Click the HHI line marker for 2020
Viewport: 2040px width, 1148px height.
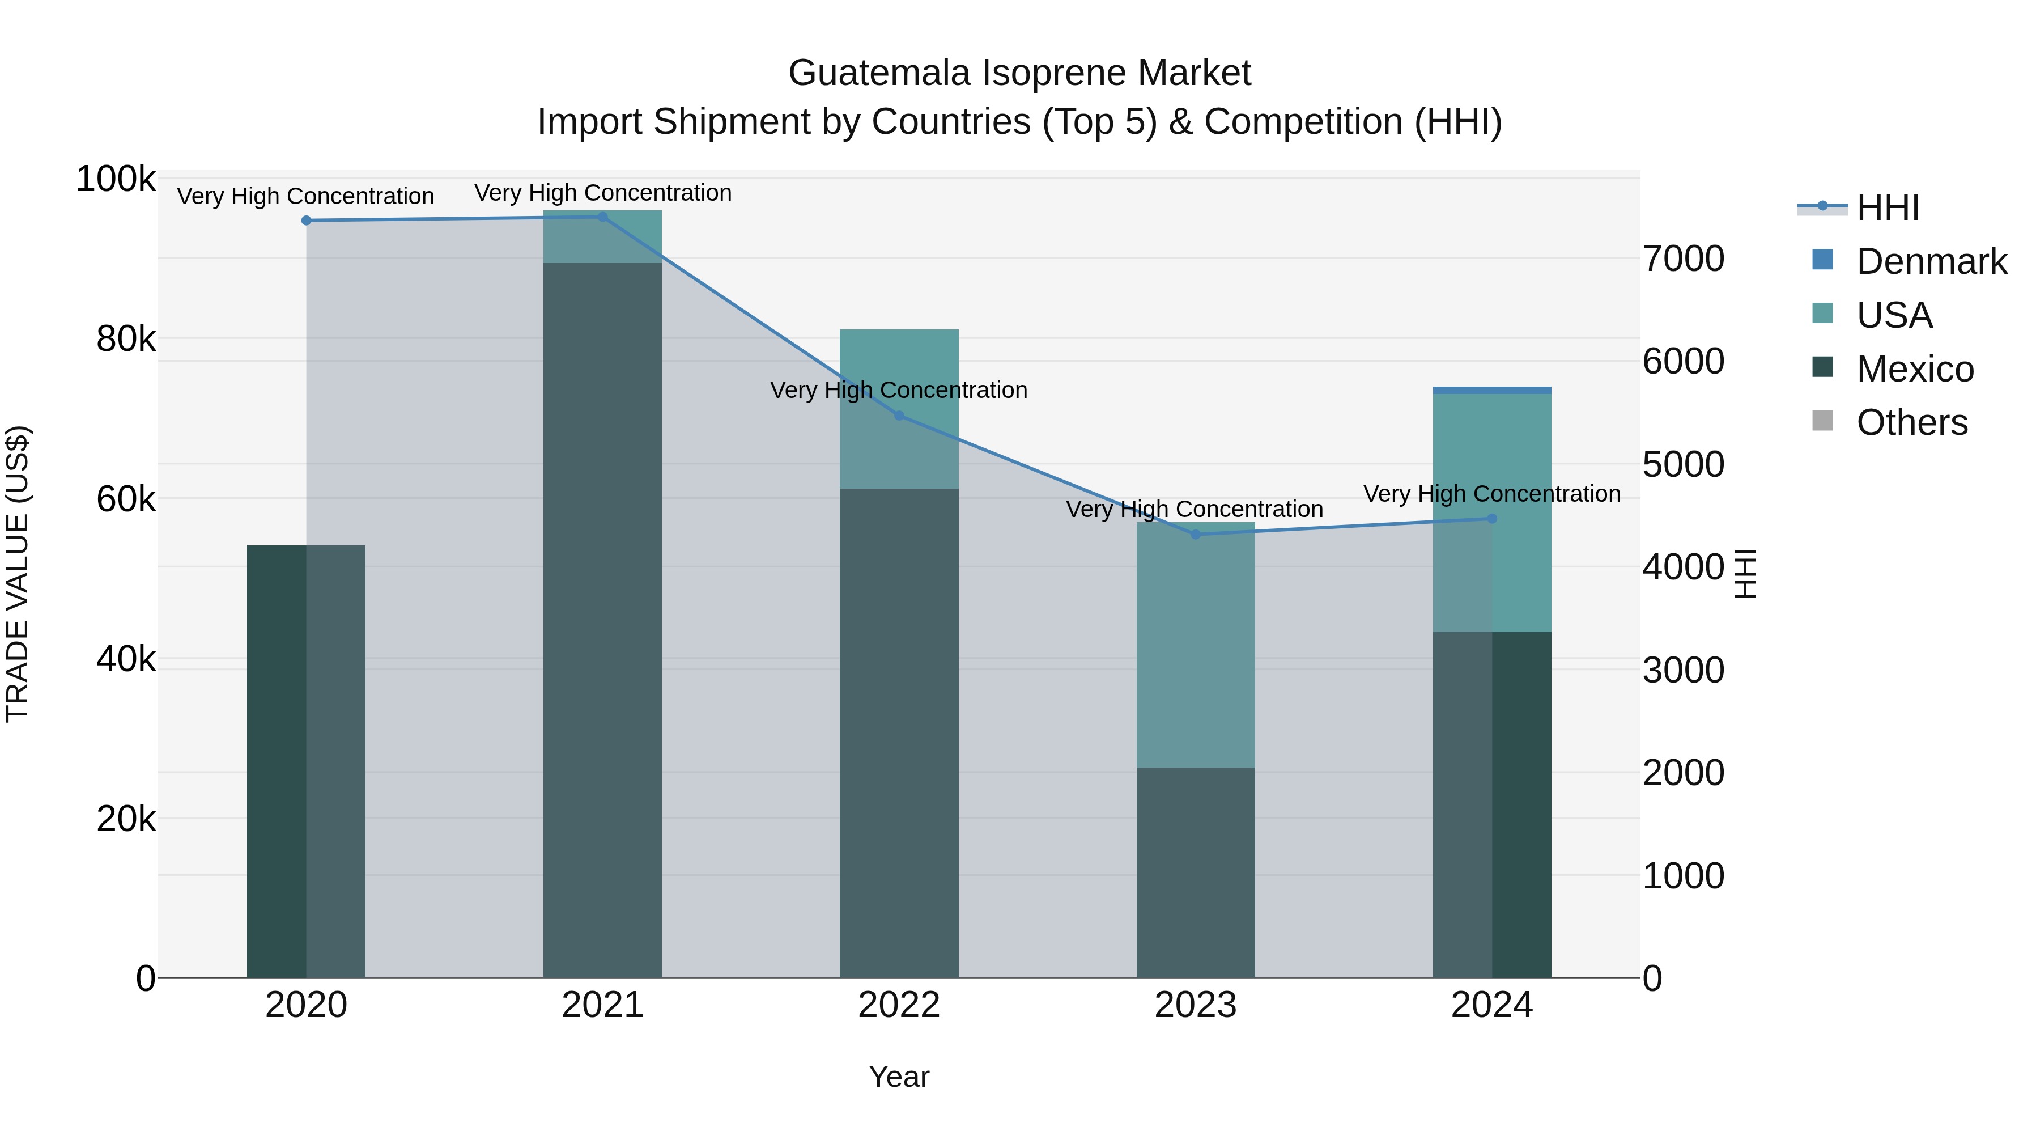point(307,221)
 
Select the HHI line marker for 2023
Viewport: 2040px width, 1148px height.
point(1196,534)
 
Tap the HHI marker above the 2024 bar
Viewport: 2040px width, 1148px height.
point(1492,518)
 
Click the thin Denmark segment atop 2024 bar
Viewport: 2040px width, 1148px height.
point(1492,390)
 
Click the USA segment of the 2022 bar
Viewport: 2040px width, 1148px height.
point(899,408)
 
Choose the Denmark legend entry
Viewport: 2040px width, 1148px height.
point(1931,261)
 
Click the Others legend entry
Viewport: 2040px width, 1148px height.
point(1911,422)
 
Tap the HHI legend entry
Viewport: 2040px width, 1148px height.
point(1887,207)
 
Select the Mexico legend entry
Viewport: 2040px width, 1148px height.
point(1914,369)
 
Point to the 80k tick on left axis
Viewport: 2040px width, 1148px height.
point(126,339)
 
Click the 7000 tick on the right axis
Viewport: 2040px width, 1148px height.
point(1684,259)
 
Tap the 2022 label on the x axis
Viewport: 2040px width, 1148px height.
point(899,1005)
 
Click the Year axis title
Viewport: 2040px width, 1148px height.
point(899,1077)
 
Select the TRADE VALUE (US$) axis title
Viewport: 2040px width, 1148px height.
point(18,574)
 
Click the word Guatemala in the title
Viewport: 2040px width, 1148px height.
point(879,73)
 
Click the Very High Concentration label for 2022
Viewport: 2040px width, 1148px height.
point(899,390)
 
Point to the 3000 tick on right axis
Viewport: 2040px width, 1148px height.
point(1684,670)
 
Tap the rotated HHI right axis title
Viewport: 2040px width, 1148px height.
point(1745,574)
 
